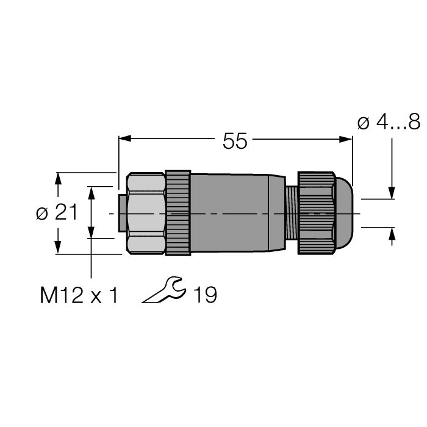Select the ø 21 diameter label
[57, 213]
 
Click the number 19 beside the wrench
[205, 295]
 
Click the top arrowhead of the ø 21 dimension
[58, 178]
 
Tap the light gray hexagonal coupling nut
[145, 213]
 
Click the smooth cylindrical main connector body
[235, 213]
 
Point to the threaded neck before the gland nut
[291, 213]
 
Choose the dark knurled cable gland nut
[316, 213]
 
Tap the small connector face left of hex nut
[121, 213]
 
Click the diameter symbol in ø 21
[41, 213]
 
